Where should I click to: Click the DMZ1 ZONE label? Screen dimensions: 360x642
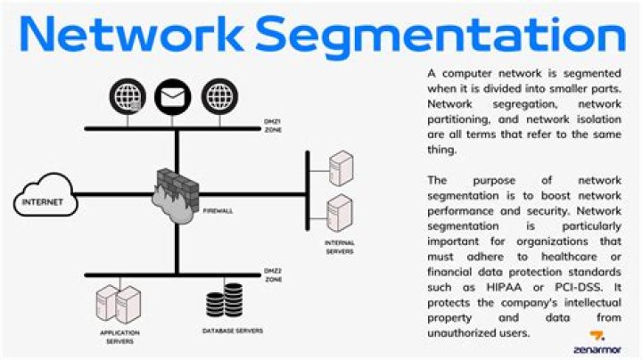tap(273, 126)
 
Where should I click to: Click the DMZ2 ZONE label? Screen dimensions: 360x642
tap(273, 275)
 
